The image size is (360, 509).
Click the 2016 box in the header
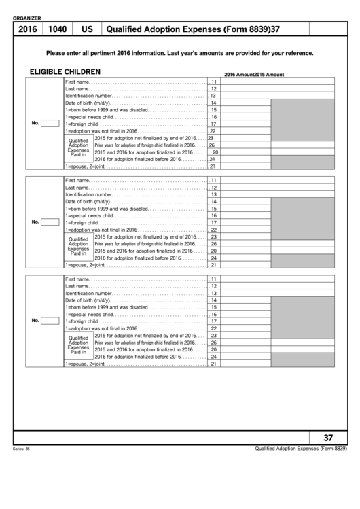point(27,30)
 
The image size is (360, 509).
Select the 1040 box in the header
point(57,30)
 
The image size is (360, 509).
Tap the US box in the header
point(87,30)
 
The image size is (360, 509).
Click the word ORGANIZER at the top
point(27,18)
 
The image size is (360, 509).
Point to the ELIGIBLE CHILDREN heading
point(65,71)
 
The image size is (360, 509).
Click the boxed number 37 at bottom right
point(328,438)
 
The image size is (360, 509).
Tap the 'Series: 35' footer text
point(22,449)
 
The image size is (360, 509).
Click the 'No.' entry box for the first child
point(50,123)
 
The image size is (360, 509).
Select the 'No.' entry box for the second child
point(50,222)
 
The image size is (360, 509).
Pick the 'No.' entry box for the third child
point(50,321)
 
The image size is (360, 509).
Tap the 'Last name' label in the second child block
point(77,188)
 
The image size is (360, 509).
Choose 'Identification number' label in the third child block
point(88,294)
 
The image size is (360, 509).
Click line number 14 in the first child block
point(213,103)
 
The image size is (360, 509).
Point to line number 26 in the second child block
point(213,244)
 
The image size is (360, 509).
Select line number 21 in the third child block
point(213,364)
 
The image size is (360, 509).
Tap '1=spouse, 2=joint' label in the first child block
point(85,166)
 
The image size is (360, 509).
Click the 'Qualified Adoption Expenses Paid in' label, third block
point(78,345)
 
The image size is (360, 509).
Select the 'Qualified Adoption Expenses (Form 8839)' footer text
point(301,448)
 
